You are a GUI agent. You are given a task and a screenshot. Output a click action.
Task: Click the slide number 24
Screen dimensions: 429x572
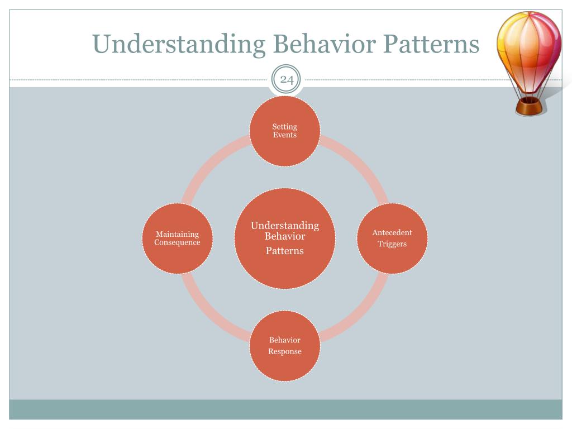coord(287,80)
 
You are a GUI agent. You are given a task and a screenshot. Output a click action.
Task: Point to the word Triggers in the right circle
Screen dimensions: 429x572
coord(392,244)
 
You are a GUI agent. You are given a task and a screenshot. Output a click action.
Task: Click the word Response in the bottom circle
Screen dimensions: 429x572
coord(285,351)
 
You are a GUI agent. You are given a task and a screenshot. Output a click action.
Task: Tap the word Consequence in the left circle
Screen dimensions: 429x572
coord(177,243)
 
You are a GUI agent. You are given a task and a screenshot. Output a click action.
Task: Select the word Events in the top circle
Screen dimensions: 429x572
coord(285,135)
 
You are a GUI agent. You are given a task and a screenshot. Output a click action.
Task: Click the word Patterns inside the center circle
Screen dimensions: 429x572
coord(285,251)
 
